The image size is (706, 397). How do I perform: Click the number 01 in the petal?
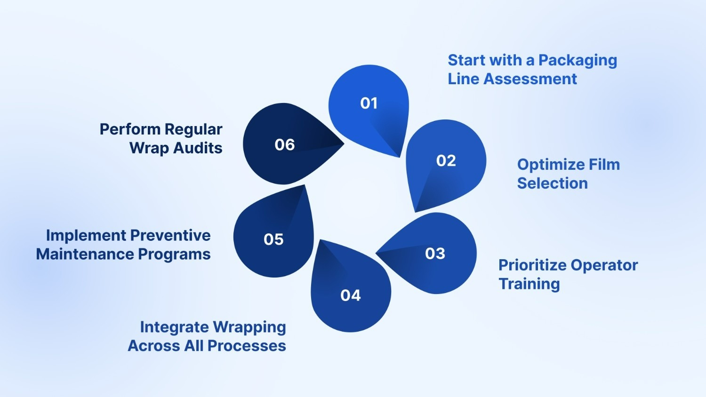point(369,103)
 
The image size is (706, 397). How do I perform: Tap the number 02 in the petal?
point(446,161)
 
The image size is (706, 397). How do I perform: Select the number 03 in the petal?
point(435,254)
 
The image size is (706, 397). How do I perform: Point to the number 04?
point(351,295)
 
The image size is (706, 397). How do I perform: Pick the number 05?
point(273,239)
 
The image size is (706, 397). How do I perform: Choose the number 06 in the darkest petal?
point(285,144)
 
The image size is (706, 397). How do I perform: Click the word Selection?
point(552,183)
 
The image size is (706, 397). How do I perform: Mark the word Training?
point(529,285)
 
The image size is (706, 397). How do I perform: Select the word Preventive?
point(170,235)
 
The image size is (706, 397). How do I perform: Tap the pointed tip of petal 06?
point(343,144)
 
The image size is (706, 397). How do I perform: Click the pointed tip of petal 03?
point(377,254)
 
